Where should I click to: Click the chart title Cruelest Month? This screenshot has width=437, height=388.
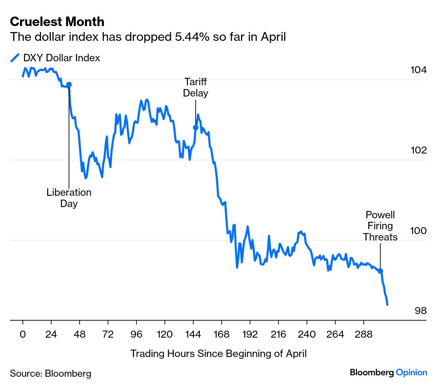(57, 22)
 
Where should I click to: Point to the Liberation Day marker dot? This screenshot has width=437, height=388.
(69, 85)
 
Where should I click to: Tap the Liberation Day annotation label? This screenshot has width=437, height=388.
(69, 198)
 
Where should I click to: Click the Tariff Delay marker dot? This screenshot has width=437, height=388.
(196, 127)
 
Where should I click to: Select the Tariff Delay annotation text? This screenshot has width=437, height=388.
(196, 87)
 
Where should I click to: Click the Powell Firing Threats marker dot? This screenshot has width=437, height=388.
(380, 271)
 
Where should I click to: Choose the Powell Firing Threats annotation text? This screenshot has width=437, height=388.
(380, 226)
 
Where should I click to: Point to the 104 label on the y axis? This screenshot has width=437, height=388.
(418, 70)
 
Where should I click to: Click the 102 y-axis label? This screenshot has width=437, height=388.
(418, 150)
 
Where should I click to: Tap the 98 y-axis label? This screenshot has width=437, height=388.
(420, 311)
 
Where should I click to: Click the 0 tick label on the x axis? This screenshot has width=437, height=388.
(23, 334)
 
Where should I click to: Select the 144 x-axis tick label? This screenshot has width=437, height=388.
(193, 334)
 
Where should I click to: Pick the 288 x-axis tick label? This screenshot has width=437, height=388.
(363, 334)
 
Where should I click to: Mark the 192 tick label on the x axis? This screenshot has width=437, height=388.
(250, 334)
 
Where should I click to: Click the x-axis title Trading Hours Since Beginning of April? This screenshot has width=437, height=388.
(218, 353)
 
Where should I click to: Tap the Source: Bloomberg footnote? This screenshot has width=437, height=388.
(50, 374)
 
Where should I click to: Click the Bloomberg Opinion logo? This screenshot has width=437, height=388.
(388, 373)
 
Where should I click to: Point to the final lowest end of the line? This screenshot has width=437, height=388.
(387, 305)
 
